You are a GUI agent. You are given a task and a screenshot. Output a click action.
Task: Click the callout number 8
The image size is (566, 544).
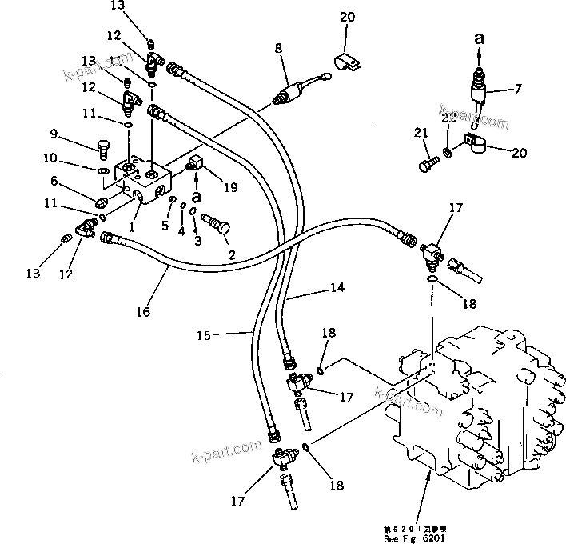click(278, 49)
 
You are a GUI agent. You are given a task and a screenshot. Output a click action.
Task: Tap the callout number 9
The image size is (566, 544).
click(54, 133)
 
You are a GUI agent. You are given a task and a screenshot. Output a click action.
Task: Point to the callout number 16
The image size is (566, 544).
click(143, 311)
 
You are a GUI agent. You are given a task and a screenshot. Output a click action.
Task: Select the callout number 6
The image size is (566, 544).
click(54, 182)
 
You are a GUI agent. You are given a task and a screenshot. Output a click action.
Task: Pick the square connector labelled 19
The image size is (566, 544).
click(195, 165)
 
